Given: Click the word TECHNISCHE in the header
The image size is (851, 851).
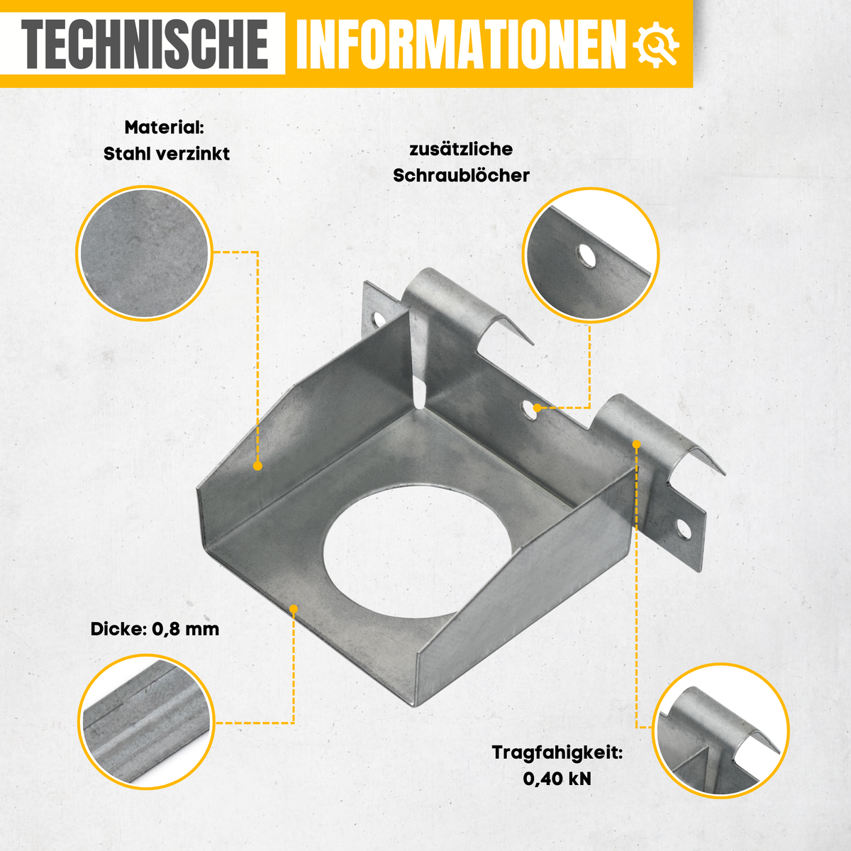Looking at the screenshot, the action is click(x=145, y=43).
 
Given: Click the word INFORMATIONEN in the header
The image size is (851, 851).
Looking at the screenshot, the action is click(x=461, y=43).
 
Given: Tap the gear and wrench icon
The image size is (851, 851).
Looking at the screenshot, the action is click(x=656, y=44).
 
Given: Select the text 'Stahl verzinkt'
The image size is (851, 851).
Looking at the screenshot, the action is click(x=167, y=154).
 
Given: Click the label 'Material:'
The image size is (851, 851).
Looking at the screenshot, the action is click(x=165, y=128).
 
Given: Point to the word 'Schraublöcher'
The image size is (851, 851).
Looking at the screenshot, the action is click(x=461, y=175).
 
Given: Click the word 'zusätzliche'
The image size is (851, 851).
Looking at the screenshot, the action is click(x=461, y=149).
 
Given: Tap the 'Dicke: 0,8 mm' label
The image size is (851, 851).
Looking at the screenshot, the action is click(x=155, y=629).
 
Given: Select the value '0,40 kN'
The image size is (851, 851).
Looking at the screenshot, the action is click(x=557, y=779).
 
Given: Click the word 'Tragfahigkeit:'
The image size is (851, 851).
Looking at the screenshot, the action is click(x=557, y=752).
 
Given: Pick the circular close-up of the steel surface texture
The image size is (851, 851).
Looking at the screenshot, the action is click(x=145, y=253).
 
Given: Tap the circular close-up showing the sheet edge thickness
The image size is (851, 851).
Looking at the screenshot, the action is click(x=146, y=722).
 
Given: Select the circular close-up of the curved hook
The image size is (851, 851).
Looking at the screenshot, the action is click(x=721, y=731).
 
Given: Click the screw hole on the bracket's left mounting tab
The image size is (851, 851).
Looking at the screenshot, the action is click(x=378, y=319).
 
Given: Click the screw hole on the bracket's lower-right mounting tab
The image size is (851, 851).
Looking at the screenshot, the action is click(x=683, y=530).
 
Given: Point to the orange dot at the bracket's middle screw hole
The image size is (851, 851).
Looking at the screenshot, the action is click(x=537, y=408).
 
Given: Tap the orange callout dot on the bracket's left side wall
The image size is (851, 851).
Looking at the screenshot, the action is click(x=258, y=466).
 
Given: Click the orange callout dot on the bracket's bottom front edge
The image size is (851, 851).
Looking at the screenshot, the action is click(x=294, y=609).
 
